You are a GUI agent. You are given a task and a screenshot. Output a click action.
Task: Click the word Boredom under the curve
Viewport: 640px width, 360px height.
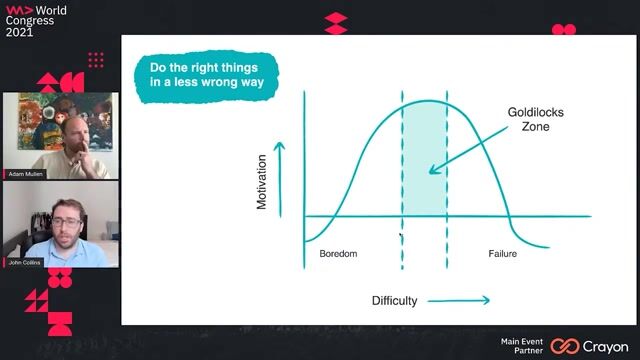(x=338, y=254)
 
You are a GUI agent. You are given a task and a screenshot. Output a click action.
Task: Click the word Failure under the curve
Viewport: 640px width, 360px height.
(x=502, y=254)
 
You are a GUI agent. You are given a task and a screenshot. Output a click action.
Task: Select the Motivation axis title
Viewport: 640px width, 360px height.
(x=262, y=181)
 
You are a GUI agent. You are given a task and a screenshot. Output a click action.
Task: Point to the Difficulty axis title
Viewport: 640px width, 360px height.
(x=394, y=300)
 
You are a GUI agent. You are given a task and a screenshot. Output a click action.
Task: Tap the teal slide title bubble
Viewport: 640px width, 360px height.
(x=206, y=74)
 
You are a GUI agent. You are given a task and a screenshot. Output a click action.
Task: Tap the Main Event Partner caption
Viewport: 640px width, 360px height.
(x=522, y=345)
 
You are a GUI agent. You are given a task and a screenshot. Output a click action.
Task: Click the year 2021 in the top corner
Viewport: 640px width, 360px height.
(x=18, y=31)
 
